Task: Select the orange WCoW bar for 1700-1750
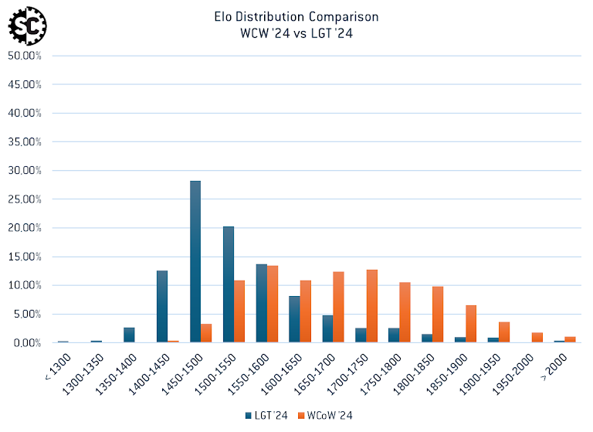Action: click(x=372, y=306)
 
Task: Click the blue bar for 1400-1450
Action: click(x=162, y=306)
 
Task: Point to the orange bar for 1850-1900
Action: click(x=471, y=324)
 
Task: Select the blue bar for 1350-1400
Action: click(x=129, y=335)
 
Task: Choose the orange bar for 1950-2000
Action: click(x=537, y=338)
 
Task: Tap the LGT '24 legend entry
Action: click(x=267, y=415)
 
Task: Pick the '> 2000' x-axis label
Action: click(x=557, y=362)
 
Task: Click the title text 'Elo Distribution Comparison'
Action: click(x=296, y=16)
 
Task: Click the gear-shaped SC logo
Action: click(x=28, y=26)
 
